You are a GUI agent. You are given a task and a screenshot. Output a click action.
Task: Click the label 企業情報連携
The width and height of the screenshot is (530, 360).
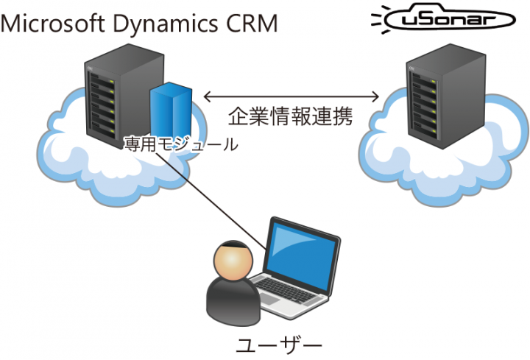(x=290, y=116)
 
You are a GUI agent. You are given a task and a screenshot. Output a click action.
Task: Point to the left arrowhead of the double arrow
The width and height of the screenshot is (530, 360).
(x=208, y=96)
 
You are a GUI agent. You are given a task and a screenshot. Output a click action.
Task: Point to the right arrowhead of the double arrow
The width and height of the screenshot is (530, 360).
(x=376, y=96)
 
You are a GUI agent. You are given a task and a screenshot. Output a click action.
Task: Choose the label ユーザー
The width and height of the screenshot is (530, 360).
(x=280, y=344)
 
